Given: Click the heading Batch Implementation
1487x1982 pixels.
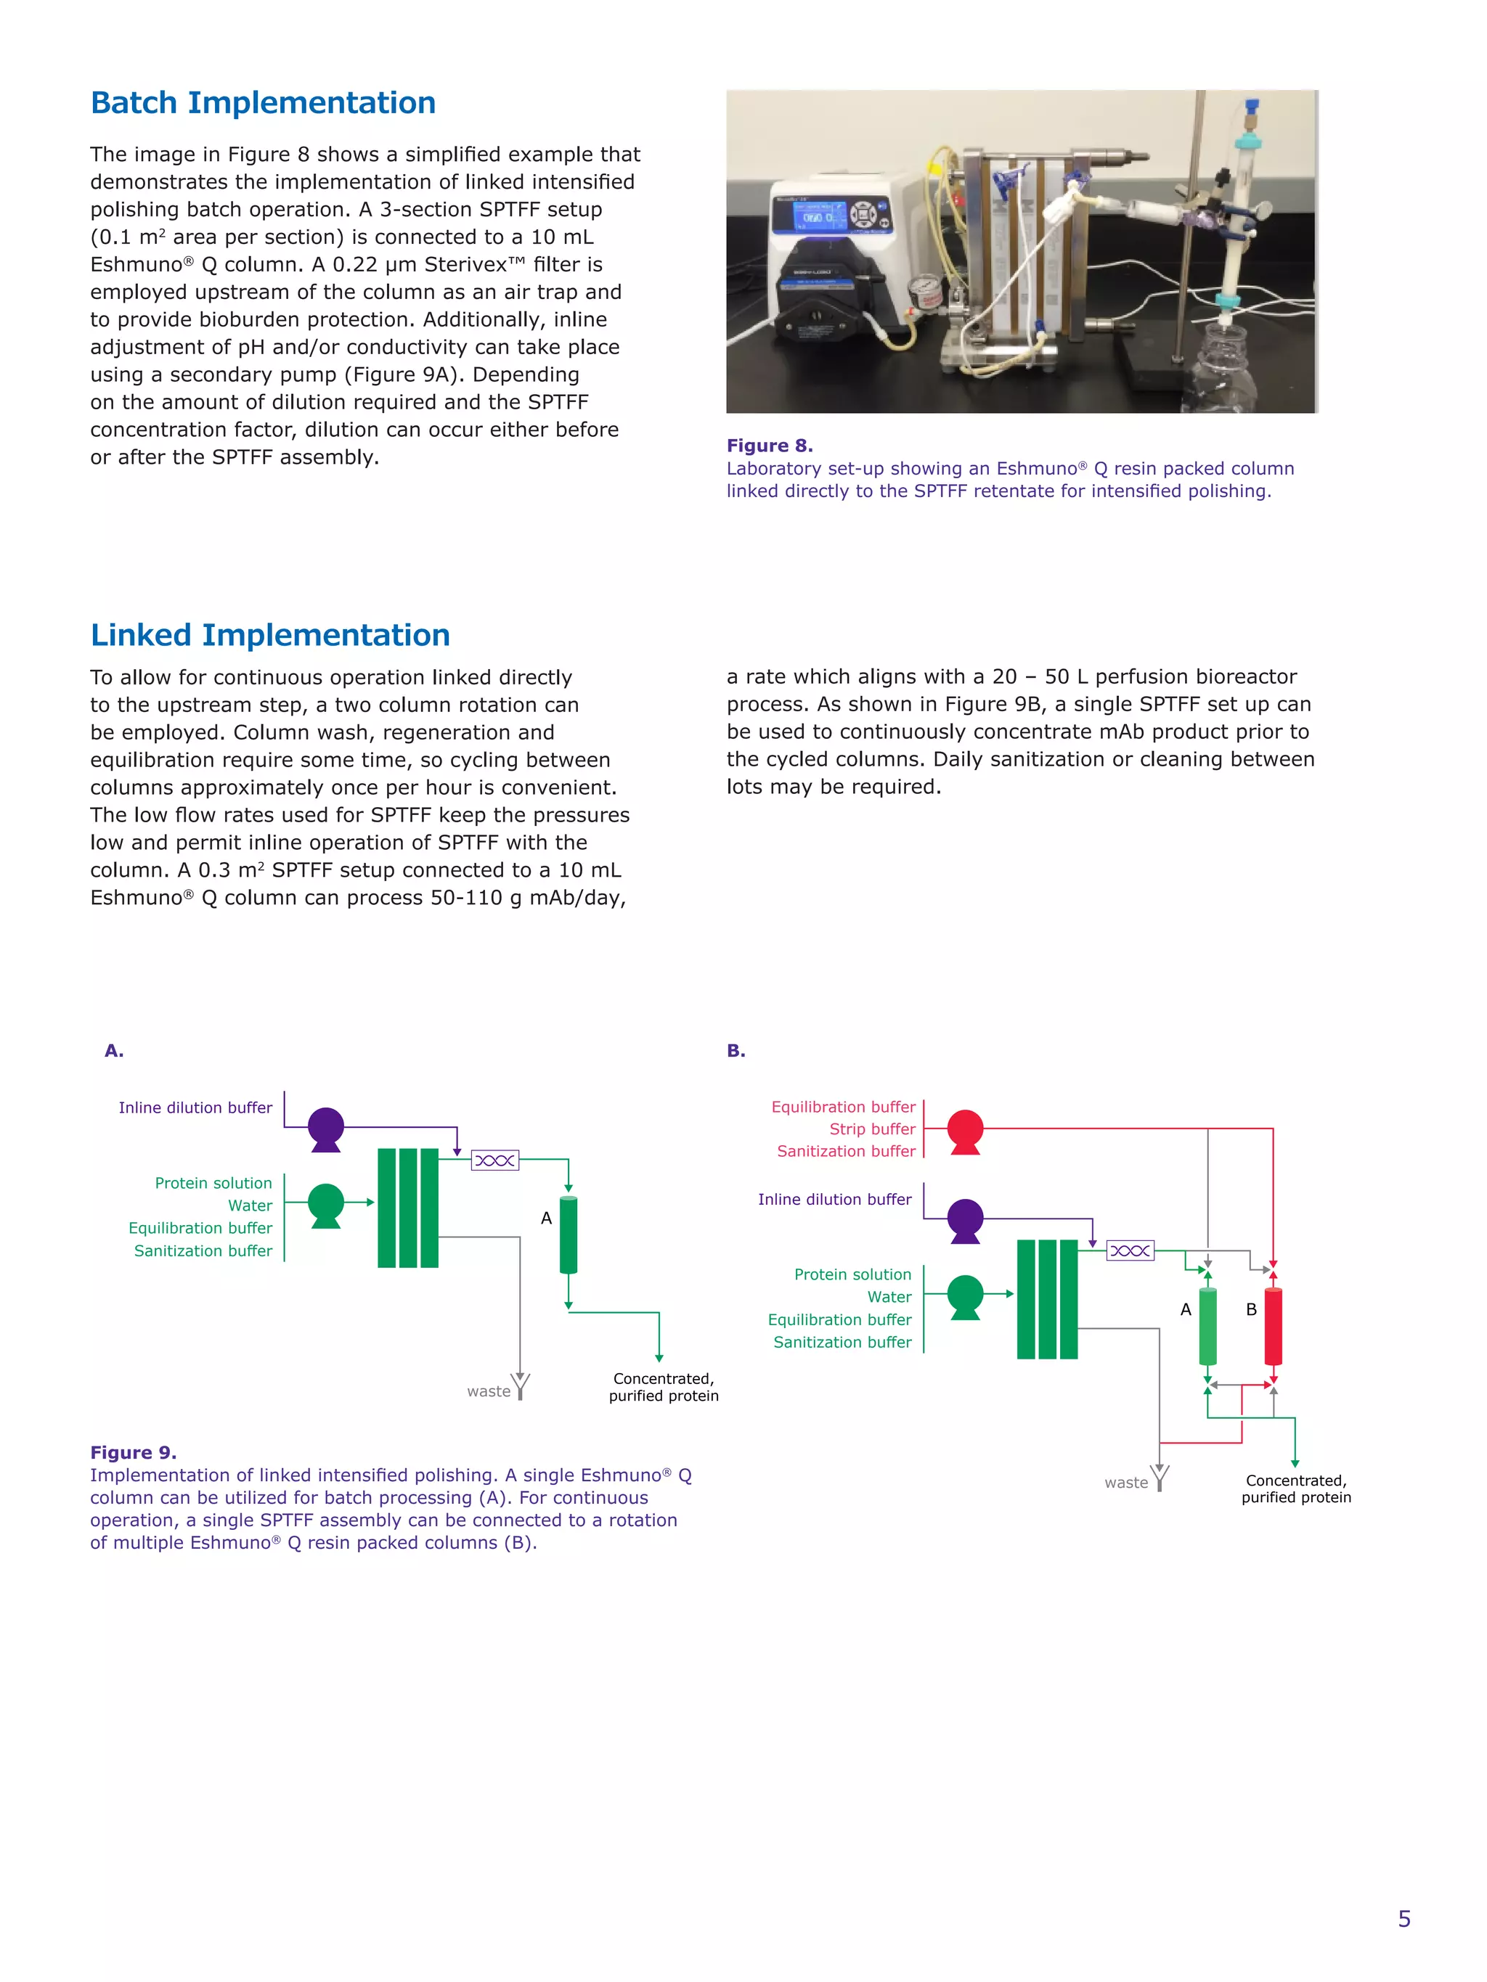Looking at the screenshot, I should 263,103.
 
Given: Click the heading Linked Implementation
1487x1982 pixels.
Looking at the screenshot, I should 270,635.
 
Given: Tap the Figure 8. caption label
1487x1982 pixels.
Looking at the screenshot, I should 769,446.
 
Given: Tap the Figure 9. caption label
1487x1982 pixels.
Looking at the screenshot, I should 133,1452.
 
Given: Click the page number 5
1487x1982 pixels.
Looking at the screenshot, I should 1404,1918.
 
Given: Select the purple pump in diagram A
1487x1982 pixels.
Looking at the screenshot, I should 325,1127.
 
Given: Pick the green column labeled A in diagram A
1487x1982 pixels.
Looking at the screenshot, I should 569,1234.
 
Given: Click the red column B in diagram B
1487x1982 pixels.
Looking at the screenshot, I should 1273,1326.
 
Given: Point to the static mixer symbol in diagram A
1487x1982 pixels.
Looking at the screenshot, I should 494,1160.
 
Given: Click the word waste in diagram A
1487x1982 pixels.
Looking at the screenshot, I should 489,1391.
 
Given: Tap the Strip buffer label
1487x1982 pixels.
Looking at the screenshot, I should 871,1129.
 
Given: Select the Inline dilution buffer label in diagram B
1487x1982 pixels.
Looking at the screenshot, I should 834,1199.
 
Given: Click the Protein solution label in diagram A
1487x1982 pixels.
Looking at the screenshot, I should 213,1183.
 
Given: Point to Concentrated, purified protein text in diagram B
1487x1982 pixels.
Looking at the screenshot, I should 1295,1488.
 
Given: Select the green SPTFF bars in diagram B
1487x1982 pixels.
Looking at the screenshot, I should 1047,1299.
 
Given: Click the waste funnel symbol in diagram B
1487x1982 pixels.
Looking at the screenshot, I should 1160,1477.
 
